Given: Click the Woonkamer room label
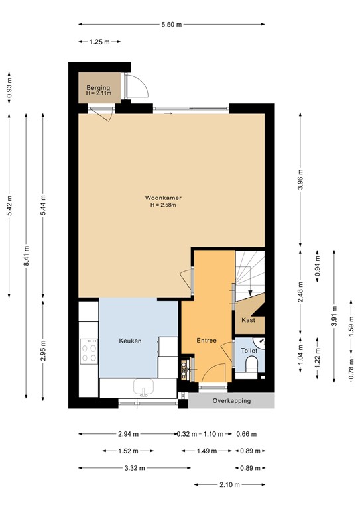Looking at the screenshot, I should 164,198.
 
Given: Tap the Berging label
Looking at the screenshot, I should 97,87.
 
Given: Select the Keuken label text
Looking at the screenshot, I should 130,341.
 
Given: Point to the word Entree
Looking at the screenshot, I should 207,340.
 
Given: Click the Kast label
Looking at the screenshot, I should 249,320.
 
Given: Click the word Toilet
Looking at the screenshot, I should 249,350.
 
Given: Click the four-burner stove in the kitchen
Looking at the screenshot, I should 88,351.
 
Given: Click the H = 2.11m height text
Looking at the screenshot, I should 98,94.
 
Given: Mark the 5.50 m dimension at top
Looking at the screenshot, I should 170,25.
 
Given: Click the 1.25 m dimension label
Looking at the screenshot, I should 99,42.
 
